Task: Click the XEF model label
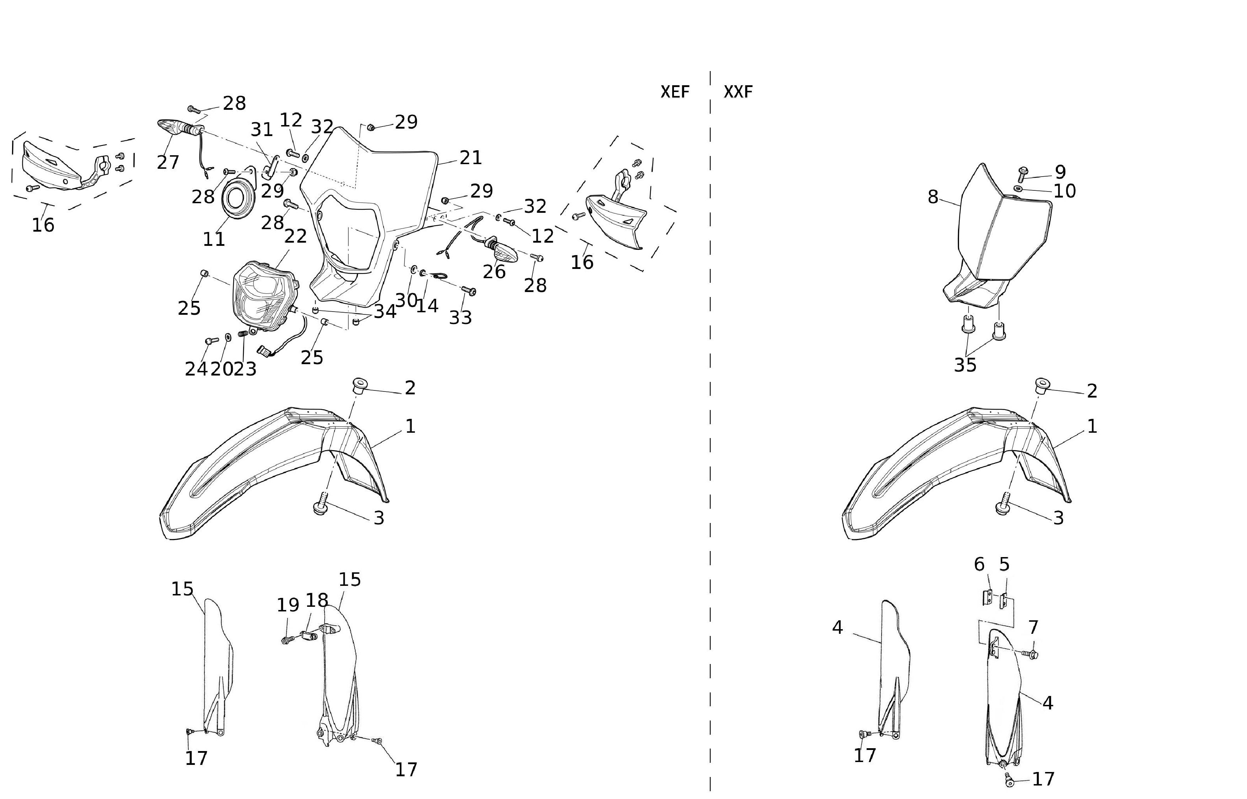674,92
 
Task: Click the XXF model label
738,92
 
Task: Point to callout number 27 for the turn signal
168,162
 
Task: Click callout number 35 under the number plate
965,365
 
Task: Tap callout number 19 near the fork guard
288,605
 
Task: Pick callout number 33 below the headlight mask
460,318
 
